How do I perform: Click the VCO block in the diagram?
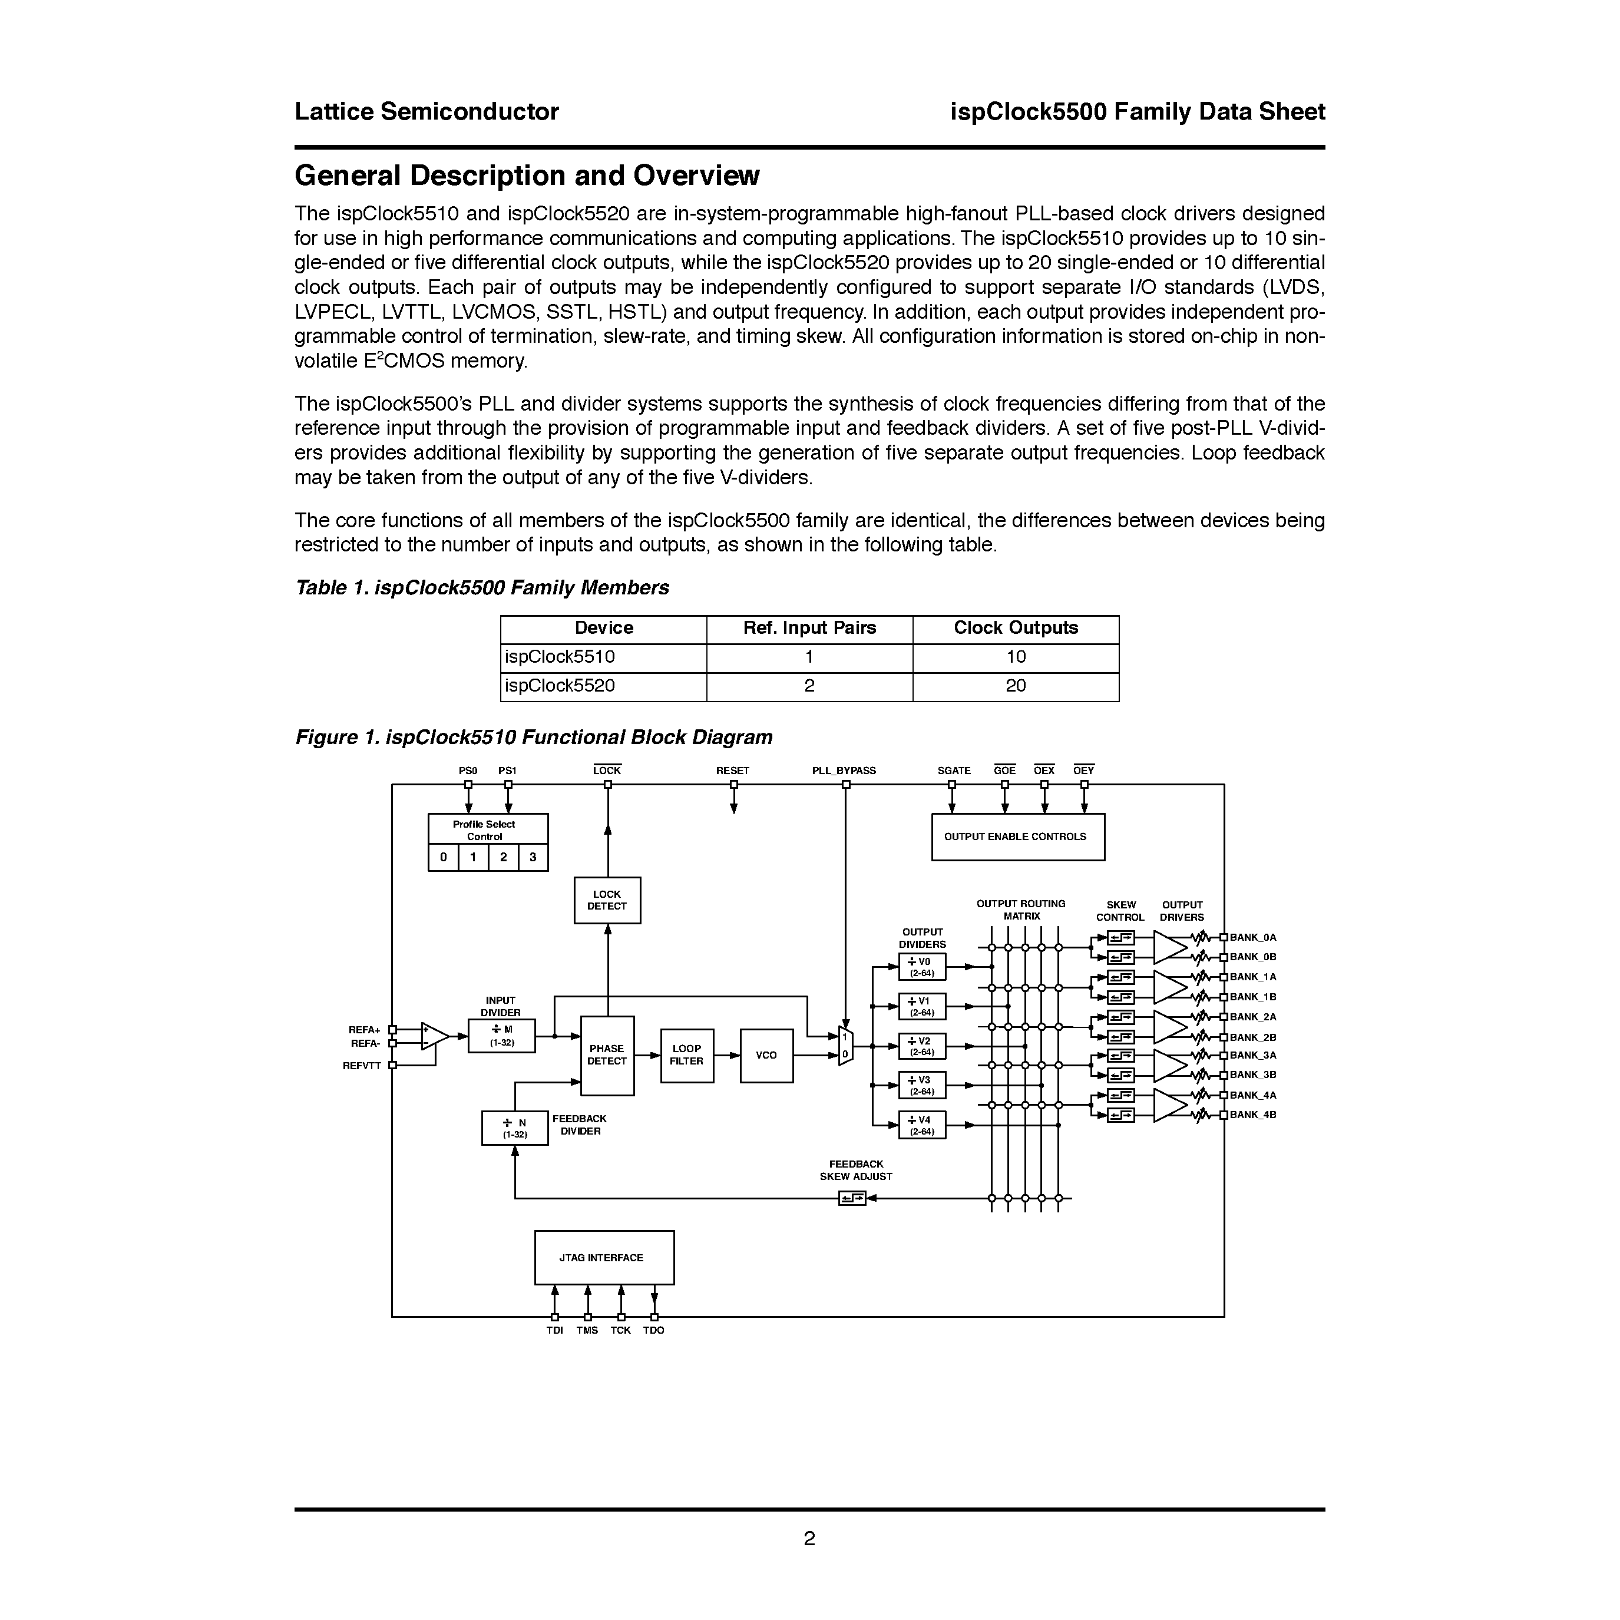point(766,1056)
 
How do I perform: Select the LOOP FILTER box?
point(687,1056)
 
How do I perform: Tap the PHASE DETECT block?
point(607,1056)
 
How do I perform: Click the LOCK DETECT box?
point(607,901)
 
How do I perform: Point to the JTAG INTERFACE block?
point(604,1258)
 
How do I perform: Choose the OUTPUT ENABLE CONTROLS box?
point(1017,837)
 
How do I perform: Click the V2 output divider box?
point(921,1046)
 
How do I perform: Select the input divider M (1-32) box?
point(501,1036)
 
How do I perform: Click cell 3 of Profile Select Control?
point(533,858)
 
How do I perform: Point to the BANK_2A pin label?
point(1253,1017)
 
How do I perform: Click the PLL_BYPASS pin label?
point(844,771)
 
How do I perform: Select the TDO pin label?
point(653,1331)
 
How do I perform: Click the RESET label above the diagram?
point(733,771)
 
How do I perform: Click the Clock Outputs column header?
point(1016,628)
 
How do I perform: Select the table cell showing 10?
point(1016,657)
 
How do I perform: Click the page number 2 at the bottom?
point(809,1539)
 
